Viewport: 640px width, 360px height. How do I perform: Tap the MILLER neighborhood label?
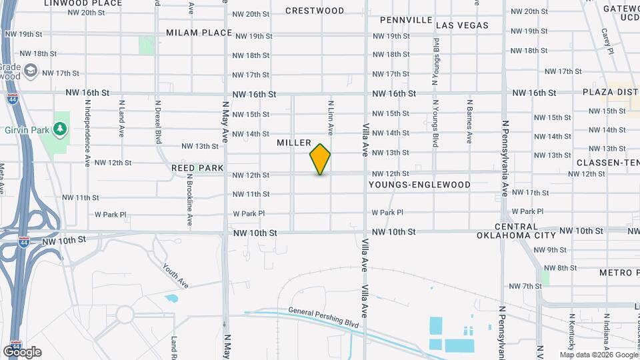coord(294,143)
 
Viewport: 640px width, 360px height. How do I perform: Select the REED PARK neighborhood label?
coord(197,168)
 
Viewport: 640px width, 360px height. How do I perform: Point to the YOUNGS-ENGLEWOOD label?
coord(419,185)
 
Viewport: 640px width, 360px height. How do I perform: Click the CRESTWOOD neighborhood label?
coord(315,11)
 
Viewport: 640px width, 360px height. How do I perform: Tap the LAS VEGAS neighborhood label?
coord(462,25)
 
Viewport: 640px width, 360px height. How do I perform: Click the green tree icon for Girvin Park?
coord(61,127)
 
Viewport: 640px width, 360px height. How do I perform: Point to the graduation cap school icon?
coord(31,71)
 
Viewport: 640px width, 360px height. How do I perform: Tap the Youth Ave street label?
coord(175,275)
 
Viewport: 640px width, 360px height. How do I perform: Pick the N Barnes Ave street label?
coord(469,122)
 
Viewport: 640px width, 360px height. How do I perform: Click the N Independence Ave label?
coord(87,133)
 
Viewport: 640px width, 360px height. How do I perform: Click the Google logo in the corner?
coord(22,352)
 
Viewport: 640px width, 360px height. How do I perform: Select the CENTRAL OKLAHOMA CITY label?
coord(516,231)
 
